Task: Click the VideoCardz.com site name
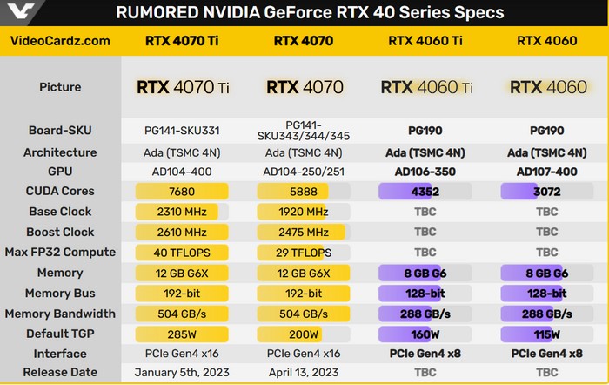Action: (x=60, y=40)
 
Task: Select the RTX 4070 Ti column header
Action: (x=182, y=40)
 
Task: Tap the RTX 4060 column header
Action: (x=547, y=40)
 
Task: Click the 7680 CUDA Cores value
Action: (x=182, y=191)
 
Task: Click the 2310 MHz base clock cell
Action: (x=182, y=212)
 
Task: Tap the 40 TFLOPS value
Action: (x=182, y=253)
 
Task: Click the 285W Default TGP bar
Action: (x=182, y=334)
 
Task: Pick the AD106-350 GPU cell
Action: (x=425, y=172)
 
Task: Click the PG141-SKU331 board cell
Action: (x=182, y=131)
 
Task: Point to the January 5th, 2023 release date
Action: (x=182, y=373)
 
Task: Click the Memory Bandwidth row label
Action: (x=60, y=314)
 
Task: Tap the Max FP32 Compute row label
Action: (x=60, y=253)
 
